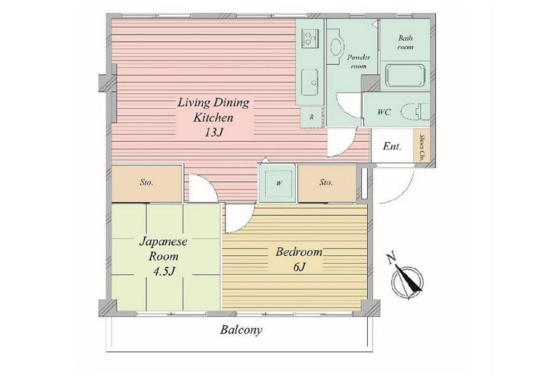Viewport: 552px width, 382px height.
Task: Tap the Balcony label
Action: (241, 330)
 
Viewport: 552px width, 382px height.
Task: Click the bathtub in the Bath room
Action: (405, 75)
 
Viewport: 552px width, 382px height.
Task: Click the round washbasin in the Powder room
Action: (337, 47)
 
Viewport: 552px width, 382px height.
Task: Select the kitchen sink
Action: (310, 82)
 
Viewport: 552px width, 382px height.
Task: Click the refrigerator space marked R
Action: (311, 117)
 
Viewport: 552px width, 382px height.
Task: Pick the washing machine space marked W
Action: (279, 183)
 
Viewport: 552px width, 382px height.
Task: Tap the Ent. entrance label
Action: (392, 146)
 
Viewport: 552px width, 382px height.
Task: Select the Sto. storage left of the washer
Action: (146, 183)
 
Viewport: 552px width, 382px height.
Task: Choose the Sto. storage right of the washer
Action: (326, 183)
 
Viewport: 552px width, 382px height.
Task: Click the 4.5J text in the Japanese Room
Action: (162, 272)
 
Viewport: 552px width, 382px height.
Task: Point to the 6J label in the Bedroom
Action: (298, 267)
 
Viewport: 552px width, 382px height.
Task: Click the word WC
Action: (384, 112)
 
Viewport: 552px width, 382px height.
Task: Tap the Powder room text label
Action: (358, 62)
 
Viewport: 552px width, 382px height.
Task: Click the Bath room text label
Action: (405, 42)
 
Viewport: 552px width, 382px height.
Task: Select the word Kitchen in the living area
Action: (213, 117)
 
